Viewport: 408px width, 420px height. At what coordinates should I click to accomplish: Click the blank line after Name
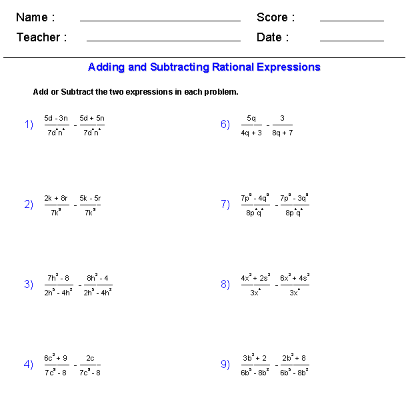160,20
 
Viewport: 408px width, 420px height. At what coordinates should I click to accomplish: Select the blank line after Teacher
163,40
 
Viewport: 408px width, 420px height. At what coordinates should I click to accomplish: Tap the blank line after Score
351,20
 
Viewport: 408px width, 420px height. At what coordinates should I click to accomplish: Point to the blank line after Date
351,40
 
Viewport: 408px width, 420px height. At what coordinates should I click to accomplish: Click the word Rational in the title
233,67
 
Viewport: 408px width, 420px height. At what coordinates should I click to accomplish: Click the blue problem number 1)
29,125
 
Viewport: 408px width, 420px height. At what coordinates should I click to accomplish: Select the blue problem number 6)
225,125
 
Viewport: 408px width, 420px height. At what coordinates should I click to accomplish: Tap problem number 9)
225,365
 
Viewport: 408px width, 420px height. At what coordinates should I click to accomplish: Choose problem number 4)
29,365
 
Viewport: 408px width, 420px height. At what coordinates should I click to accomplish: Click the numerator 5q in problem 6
251,119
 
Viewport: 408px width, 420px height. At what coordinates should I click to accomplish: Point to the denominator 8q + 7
283,132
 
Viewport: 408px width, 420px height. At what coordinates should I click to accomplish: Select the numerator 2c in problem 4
90,358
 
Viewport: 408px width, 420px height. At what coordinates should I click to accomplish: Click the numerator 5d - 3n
56,118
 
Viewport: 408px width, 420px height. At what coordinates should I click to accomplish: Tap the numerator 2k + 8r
56,198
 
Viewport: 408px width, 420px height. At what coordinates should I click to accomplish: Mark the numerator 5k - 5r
90,198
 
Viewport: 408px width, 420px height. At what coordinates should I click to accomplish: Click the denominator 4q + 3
251,132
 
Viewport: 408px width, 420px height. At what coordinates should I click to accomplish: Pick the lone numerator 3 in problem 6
283,119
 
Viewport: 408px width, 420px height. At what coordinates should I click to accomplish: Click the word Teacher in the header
41,37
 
